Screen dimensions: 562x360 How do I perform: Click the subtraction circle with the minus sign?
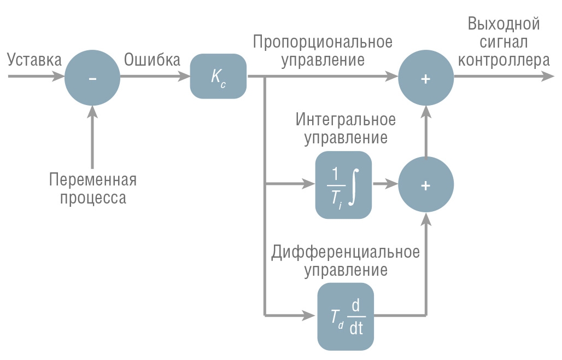point(92,78)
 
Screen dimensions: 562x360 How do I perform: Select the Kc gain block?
point(218,76)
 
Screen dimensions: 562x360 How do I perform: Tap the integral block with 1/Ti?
point(343,185)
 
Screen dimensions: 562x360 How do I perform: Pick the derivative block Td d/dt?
point(346,316)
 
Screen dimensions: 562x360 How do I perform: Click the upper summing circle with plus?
point(426,78)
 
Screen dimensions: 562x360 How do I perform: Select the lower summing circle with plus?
point(426,184)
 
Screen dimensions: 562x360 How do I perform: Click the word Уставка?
point(34,60)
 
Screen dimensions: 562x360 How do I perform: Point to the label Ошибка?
point(152,60)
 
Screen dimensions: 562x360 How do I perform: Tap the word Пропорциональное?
point(323,42)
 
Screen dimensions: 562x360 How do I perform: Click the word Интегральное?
point(346,119)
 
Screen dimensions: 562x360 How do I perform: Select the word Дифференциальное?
point(345,252)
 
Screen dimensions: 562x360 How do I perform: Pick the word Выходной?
point(504,24)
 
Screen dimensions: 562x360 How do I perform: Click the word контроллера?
point(504,60)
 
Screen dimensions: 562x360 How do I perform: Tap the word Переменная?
point(93,179)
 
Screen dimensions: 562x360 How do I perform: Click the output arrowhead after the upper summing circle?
point(548,76)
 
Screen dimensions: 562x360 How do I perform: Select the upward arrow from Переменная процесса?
point(92,138)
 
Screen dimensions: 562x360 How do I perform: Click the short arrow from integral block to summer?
point(385,184)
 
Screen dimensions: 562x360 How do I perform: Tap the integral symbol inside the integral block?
point(354,187)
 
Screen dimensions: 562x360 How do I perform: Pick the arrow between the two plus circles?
point(426,132)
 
